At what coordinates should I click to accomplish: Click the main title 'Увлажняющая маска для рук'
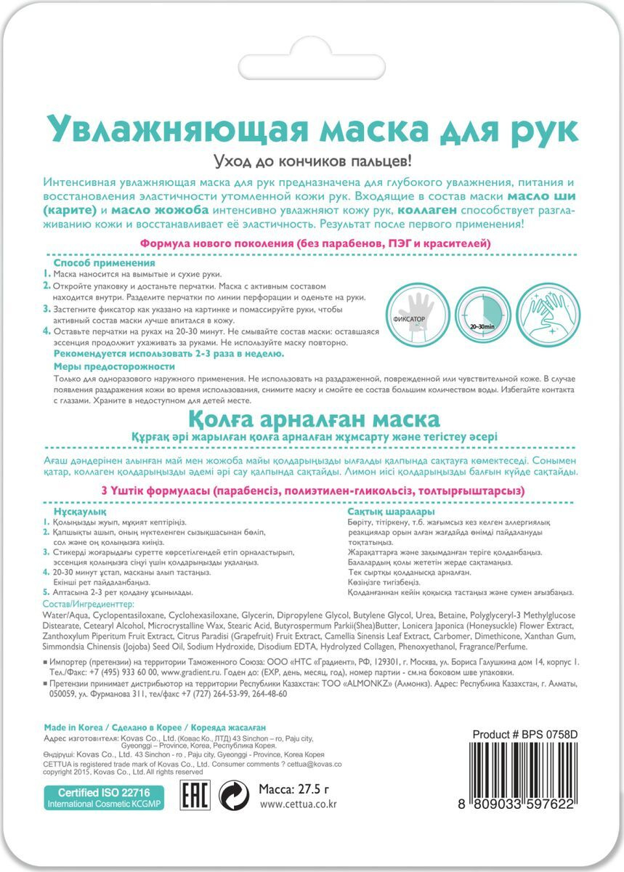pyautogui.click(x=312, y=129)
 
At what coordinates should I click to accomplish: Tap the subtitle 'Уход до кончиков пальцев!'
pyautogui.click(x=312, y=161)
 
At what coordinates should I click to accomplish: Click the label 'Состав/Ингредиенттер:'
pyautogui.click(x=89, y=604)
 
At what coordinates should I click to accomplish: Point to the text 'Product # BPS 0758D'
pyautogui.click(x=524, y=734)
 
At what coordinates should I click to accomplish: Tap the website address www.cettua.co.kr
pyautogui.click(x=298, y=804)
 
